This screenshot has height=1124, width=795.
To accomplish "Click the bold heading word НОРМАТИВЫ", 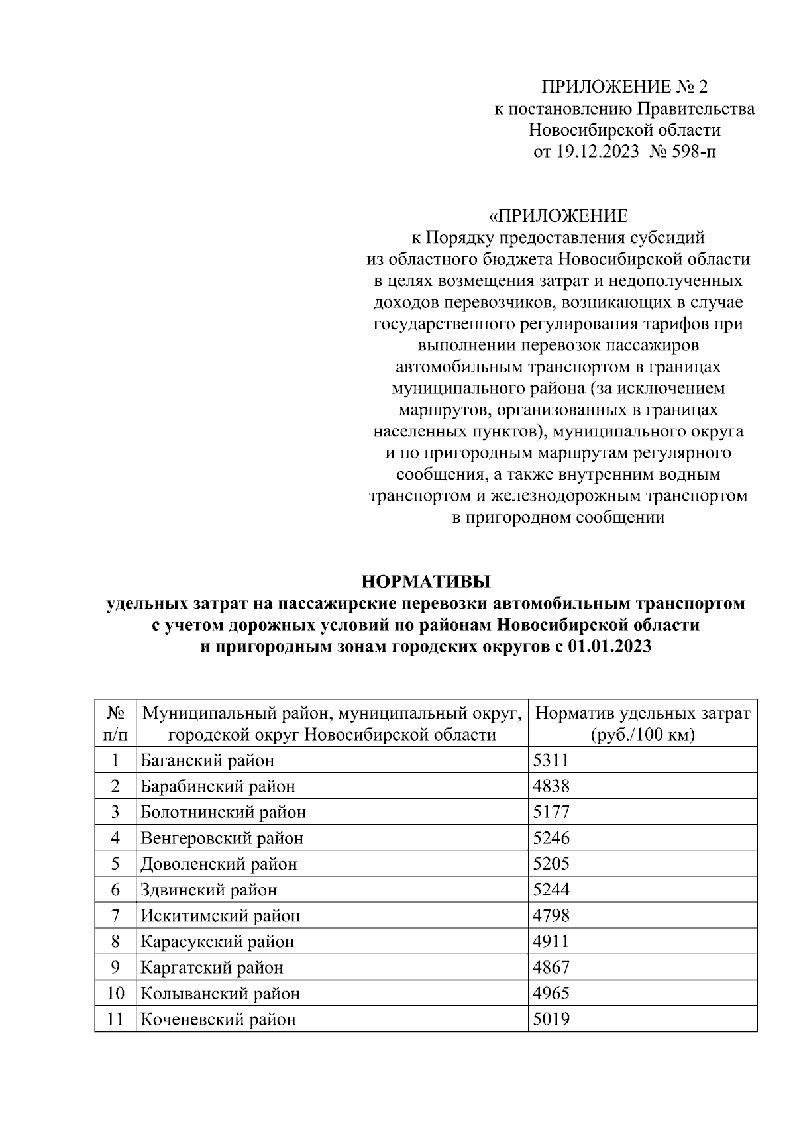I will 425,582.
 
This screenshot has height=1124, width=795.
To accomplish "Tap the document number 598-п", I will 695,152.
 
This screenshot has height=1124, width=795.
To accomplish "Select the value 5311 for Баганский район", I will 551,760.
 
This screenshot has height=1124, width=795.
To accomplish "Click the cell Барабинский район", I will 218,786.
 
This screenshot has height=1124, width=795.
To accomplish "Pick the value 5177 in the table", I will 551,812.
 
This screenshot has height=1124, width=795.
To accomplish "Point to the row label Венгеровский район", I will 222,838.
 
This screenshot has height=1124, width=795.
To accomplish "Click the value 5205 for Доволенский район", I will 551,864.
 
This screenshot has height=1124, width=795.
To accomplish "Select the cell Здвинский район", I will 209,890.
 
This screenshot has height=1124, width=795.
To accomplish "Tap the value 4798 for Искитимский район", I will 551,916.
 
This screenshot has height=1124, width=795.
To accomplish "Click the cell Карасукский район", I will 217,942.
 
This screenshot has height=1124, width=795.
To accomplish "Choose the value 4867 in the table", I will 551,968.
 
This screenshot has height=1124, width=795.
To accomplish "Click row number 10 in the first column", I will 115,994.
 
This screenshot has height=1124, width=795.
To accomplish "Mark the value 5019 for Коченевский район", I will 551,1019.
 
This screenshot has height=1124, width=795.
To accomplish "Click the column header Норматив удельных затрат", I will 643,713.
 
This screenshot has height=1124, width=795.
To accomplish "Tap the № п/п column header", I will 115,724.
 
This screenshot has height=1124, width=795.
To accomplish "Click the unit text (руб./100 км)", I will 642,735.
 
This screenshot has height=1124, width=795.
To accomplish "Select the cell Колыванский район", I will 220,994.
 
